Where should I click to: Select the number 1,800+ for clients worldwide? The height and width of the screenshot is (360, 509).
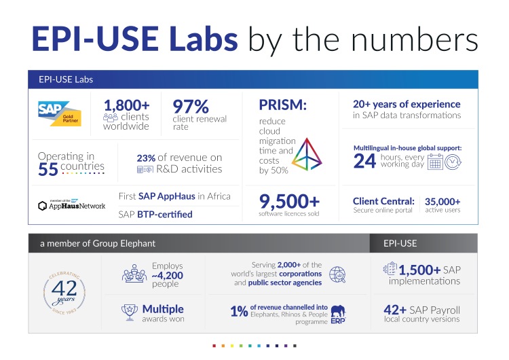tap(126, 105)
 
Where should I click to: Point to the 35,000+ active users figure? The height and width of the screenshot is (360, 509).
tap(442, 201)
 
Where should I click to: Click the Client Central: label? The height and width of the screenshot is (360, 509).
tap(383, 201)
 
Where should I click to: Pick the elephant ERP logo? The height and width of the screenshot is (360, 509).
tap(338, 313)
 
